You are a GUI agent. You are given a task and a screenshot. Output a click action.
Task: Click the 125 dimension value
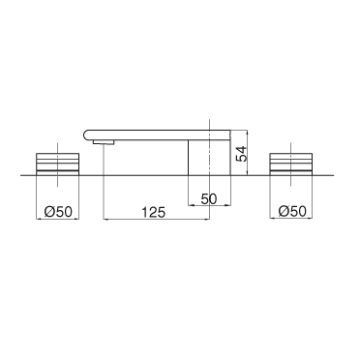153,213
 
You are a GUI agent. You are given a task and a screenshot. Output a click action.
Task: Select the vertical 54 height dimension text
241,154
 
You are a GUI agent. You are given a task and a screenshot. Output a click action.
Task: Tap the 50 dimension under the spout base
209,198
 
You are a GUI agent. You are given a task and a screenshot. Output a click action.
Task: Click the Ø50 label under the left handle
58,212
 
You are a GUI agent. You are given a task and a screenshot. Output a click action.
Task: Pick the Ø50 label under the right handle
292,212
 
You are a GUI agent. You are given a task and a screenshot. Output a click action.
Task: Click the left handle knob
57,165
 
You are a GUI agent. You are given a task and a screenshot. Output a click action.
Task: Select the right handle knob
291,165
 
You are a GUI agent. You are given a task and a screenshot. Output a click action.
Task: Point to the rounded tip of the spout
85,135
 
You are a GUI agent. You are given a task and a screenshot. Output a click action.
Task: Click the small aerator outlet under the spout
104,142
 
